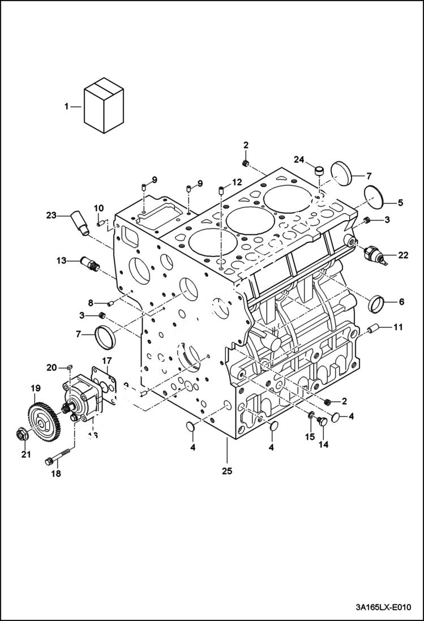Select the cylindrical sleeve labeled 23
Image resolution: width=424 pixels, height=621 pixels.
(x=80, y=223)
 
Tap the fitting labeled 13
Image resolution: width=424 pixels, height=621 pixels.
(x=90, y=262)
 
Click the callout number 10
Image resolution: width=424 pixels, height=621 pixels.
(x=98, y=208)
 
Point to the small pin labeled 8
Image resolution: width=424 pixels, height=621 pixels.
(x=111, y=303)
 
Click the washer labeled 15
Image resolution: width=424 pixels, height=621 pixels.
(x=311, y=418)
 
